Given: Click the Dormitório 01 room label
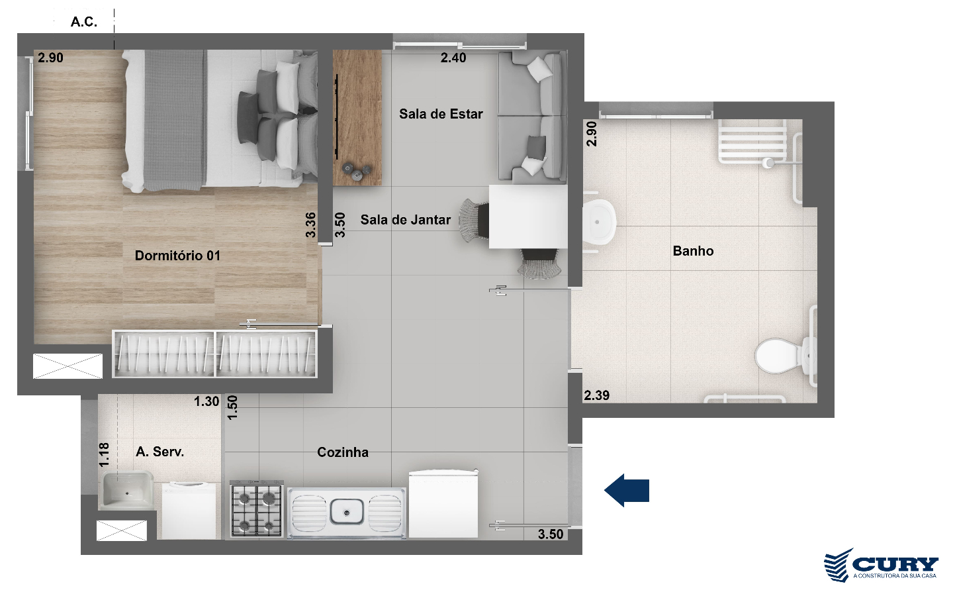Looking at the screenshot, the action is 177,256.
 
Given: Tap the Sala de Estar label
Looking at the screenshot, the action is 441,114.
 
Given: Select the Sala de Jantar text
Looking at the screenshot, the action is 406,220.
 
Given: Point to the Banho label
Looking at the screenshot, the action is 693,251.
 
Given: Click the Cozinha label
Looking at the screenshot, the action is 343,452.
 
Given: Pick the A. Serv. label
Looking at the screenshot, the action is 160,451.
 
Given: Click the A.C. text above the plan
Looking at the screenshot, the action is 84,22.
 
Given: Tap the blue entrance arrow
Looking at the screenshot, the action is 627,491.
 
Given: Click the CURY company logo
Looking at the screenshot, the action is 881,565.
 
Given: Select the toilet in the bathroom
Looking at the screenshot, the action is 784,356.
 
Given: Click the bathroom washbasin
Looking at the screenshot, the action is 598,222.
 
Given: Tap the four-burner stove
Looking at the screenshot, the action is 257,509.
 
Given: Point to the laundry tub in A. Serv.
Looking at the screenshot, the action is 127,490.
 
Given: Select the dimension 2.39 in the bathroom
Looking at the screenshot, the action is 596,395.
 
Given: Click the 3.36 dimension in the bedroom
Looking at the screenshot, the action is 311,224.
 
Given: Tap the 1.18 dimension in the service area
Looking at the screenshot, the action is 105,455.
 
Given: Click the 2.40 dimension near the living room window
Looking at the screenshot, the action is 453,58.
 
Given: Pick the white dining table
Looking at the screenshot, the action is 528,217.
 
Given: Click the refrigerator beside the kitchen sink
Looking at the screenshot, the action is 443,503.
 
